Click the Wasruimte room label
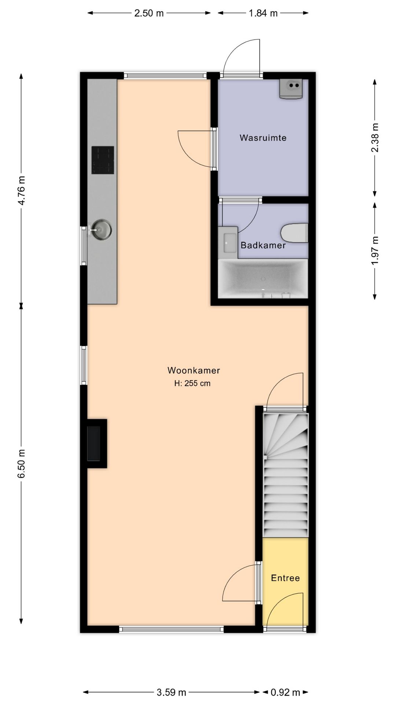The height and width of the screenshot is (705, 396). click(x=263, y=138)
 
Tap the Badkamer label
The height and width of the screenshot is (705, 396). click(x=263, y=245)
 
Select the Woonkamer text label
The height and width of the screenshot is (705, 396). click(x=194, y=370)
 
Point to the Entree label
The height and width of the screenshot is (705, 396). click(x=285, y=578)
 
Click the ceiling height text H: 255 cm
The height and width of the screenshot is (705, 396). click(x=192, y=383)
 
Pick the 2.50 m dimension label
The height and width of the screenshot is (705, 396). click(x=149, y=14)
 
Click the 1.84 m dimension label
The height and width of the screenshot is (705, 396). click(x=263, y=14)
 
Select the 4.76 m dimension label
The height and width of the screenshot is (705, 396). click(x=22, y=191)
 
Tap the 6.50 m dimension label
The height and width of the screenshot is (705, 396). click(x=22, y=463)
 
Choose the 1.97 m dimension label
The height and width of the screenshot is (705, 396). click(x=375, y=250)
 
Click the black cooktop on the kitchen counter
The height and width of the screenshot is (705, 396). click(x=103, y=160)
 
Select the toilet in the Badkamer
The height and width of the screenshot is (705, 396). click(x=294, y=233)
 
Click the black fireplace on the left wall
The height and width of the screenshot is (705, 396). click(x=94, y=443)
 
